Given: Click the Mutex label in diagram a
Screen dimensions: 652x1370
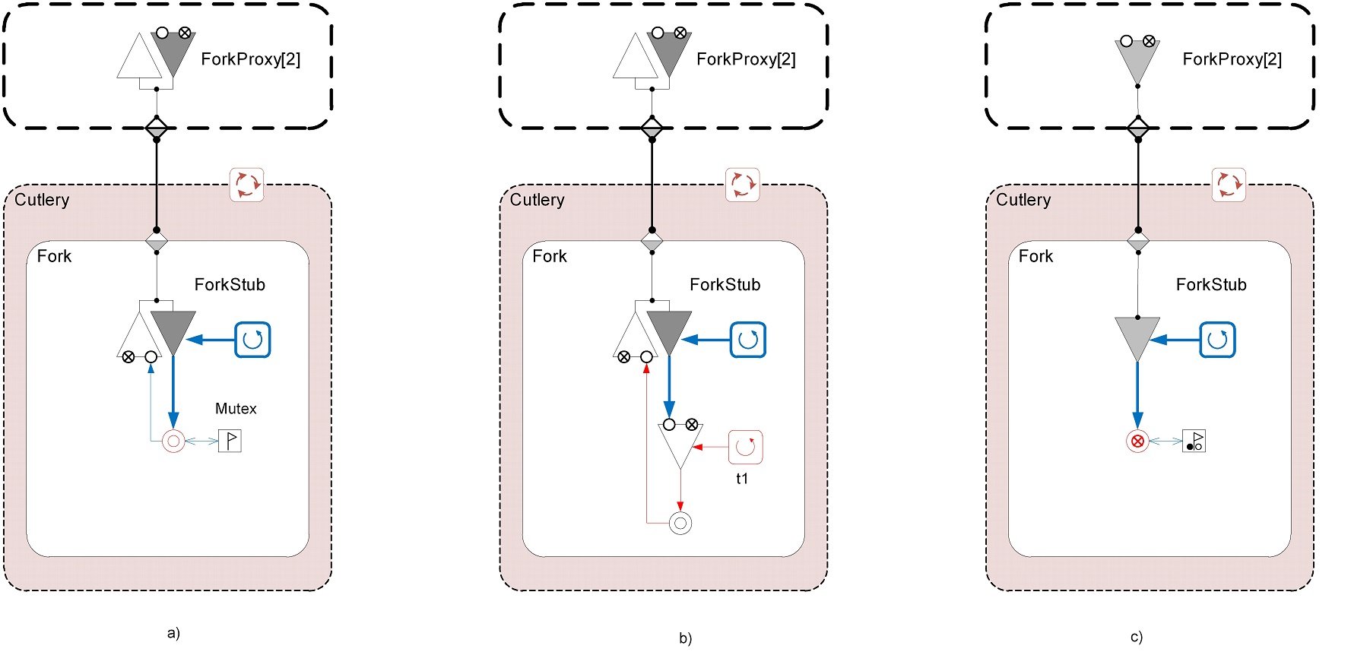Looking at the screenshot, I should click(236, 409).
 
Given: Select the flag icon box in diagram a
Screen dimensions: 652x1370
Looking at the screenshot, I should click(230, 441).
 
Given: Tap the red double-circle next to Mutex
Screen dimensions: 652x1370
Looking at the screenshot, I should click(173, 441).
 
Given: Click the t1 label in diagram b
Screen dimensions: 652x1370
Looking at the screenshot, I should click(742, 479).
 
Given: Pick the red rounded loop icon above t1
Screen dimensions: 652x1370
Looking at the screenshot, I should click(745, 447).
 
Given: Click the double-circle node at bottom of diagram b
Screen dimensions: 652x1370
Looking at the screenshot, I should click(680, 523).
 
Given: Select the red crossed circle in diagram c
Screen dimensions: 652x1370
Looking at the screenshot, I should click(1137, 441).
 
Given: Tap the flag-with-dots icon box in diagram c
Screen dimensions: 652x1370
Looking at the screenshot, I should click(1194, 441).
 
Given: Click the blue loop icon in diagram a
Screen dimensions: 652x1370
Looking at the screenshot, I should click(252, 340).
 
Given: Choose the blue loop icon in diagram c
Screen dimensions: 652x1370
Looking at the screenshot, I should click(1217, 340).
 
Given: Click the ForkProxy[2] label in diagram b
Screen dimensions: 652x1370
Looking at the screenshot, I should click(746, 59).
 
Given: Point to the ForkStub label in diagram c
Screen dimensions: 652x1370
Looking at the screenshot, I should click(1211, 285).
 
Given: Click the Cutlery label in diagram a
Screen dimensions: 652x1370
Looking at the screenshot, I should click(42, 200).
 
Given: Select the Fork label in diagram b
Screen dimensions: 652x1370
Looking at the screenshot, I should click(549, 256).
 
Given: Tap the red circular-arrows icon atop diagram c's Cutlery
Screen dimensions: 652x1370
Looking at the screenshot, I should click(1229, 185).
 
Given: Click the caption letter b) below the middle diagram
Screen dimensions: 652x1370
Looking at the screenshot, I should click(685, 638).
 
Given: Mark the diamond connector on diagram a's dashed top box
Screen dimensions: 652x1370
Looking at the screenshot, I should click(157, 127).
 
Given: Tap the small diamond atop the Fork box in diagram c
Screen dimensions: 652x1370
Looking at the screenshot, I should click(1137, 242).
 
